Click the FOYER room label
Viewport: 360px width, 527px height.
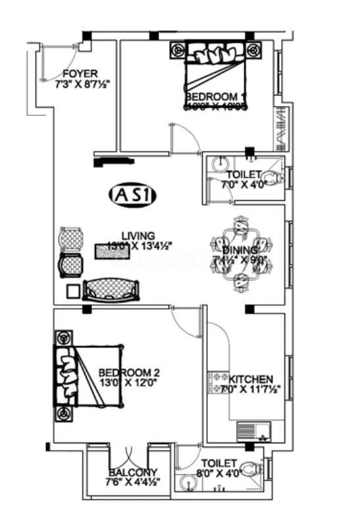[x=80, y=73]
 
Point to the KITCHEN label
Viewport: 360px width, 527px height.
[x=250, y=379]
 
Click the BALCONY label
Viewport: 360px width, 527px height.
[x=134, y=472]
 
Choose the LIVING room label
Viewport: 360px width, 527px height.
[x=138, y=236]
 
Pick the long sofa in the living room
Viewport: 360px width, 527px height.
[x=111, y=289]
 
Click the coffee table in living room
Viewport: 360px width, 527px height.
[x=110, y=252]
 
